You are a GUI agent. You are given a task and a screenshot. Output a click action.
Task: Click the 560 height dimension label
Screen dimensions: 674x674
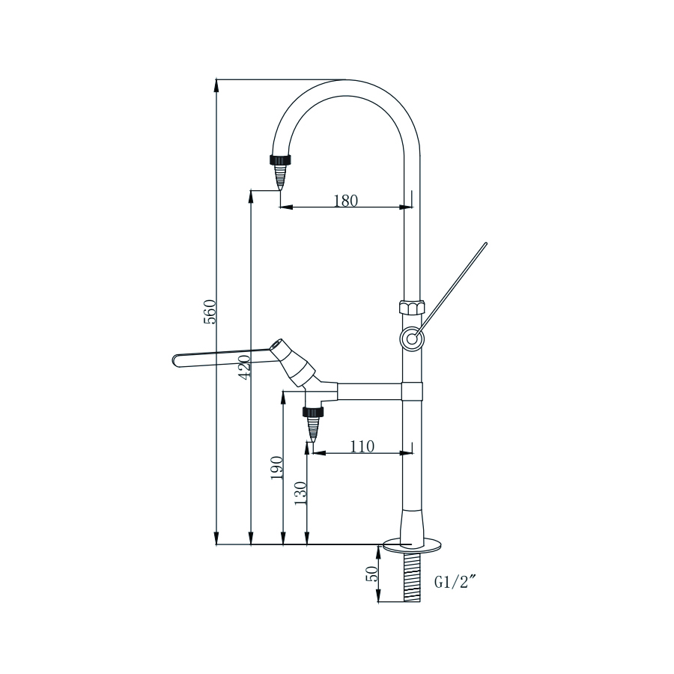point(211,312)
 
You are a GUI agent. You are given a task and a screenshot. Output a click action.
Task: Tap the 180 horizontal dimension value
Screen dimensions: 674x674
point(345,200)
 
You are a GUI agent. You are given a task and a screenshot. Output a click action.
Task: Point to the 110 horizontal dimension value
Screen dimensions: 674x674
point(362,446)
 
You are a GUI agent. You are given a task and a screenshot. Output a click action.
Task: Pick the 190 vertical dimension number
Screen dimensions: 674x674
point(276,468)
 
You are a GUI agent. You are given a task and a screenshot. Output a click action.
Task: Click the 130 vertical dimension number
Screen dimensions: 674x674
point(301,494)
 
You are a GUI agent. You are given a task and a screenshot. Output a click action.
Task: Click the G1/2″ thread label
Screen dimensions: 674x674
point(455,582)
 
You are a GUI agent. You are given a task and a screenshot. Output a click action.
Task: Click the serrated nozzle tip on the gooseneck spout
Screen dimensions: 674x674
point(280,177)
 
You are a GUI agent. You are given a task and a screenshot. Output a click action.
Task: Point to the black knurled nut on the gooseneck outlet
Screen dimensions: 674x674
point(280,160)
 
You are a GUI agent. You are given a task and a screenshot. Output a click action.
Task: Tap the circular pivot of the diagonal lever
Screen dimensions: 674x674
point(411,339)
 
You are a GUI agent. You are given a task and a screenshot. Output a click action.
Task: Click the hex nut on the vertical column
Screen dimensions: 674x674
point(411,307)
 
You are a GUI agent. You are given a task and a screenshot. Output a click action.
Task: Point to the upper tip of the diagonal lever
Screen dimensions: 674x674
point(485,244)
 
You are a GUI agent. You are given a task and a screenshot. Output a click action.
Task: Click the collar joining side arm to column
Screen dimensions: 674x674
point(412,390)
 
